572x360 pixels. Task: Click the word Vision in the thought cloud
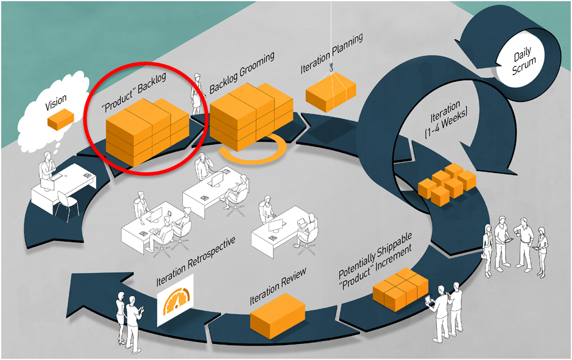(x=56, y=102)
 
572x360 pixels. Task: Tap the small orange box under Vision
(x=60, y=120)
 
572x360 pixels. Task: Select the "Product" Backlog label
(x=133, y=92)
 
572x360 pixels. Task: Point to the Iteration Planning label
(x=332, y=53)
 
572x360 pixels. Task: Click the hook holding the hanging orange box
(x=332, y=68)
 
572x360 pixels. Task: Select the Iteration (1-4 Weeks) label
(x=446, y=120)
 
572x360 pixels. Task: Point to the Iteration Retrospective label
(x=196, y=262)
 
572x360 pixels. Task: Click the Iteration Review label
(x=278, y=287)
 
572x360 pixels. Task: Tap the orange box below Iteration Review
(x=277, y=316)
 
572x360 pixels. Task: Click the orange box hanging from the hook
(x=331, y=92)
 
